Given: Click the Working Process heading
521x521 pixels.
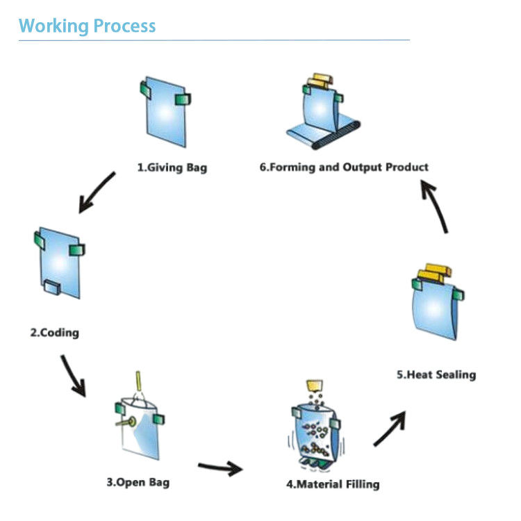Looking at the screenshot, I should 87,26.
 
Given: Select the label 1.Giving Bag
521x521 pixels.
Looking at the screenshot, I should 172,167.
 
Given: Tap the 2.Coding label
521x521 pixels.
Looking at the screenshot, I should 54,333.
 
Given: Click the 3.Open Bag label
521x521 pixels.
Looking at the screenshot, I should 138,481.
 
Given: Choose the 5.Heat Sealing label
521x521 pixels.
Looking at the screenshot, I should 436,375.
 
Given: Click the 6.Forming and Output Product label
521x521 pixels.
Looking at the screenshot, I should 344,167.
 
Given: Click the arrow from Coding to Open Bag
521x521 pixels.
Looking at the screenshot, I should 74,375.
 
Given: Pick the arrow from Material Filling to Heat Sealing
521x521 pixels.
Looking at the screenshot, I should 389,428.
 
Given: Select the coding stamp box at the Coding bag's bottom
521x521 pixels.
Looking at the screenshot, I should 53,286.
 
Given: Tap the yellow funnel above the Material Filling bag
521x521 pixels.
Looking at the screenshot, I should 316,385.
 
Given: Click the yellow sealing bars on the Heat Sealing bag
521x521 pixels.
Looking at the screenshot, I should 435,273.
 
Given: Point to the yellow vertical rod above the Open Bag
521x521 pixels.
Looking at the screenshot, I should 138,381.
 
